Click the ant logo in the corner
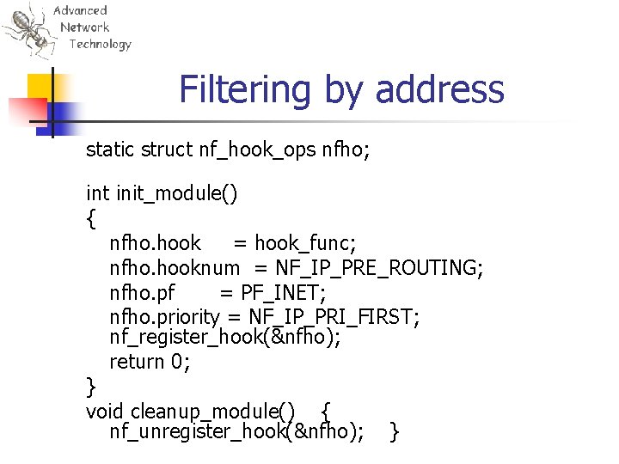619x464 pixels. [x=28, y=31]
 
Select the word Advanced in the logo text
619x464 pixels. [x=80, y=10]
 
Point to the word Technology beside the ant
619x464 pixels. [x=101, y=44]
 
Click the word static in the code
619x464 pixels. [x=109, y=150]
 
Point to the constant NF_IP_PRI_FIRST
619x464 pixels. [x=334, y=317]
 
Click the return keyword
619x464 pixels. [x=138, y=362]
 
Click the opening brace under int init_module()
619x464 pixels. [x=91, y=219]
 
